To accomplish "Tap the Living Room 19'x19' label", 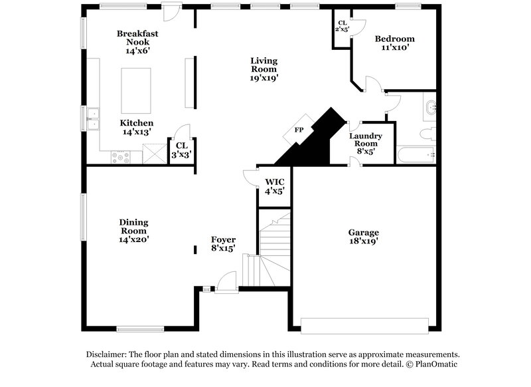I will click(264, 69).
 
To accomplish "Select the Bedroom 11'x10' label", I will click(394, 43).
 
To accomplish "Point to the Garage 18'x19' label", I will click(364, 237).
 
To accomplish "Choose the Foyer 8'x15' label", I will click(224, 243).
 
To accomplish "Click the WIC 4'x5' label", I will click(274, 186).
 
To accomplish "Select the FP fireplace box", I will click(299, 130).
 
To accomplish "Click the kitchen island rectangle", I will click(135, 90).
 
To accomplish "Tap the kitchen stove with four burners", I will click(121, 158).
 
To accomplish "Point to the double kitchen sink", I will click(92, 120).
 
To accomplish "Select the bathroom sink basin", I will click(431, 106).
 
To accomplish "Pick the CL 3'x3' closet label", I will click(182, 149).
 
